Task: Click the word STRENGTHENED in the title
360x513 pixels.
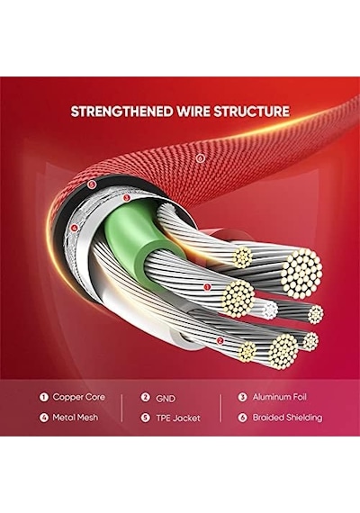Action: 122,112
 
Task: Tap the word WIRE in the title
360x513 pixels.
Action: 193,112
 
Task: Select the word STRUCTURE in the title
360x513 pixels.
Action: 251,112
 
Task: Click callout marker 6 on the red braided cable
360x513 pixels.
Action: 200,158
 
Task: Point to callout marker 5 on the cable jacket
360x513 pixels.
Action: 92,184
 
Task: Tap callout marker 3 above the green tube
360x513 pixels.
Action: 127,198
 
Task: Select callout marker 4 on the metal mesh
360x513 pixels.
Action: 75,228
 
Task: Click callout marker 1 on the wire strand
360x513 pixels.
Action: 206,287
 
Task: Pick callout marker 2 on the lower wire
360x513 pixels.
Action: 220,340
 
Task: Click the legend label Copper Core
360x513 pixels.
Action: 79,397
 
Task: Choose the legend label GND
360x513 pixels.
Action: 166,399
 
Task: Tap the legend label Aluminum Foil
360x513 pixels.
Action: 280,397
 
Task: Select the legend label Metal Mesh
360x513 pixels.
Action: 76,418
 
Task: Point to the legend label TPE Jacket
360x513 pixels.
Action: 178,418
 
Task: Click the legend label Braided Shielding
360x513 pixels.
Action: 287,418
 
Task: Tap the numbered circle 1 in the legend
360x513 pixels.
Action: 43,397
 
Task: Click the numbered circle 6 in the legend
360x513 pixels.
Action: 242,418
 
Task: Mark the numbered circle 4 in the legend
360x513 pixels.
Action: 43,418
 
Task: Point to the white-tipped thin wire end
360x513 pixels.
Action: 270,309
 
